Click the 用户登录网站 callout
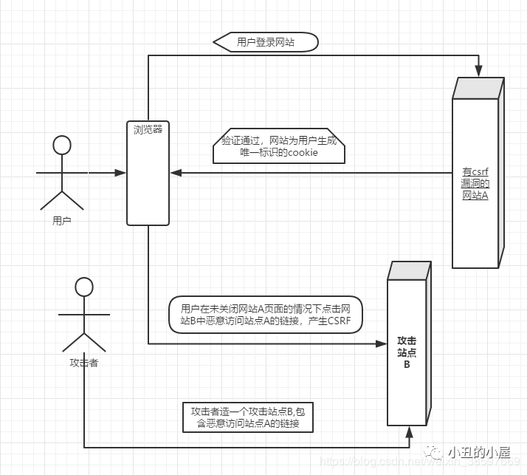tap(266, 42)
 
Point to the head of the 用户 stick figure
tap(63, 144)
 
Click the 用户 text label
tap(62, 220)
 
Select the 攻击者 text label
tap(84, 363)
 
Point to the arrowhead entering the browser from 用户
tap(121, 174)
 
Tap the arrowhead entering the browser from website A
tap(176, 174)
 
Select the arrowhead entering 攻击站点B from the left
tap(382, 344)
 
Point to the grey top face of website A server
tap(478, 88)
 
